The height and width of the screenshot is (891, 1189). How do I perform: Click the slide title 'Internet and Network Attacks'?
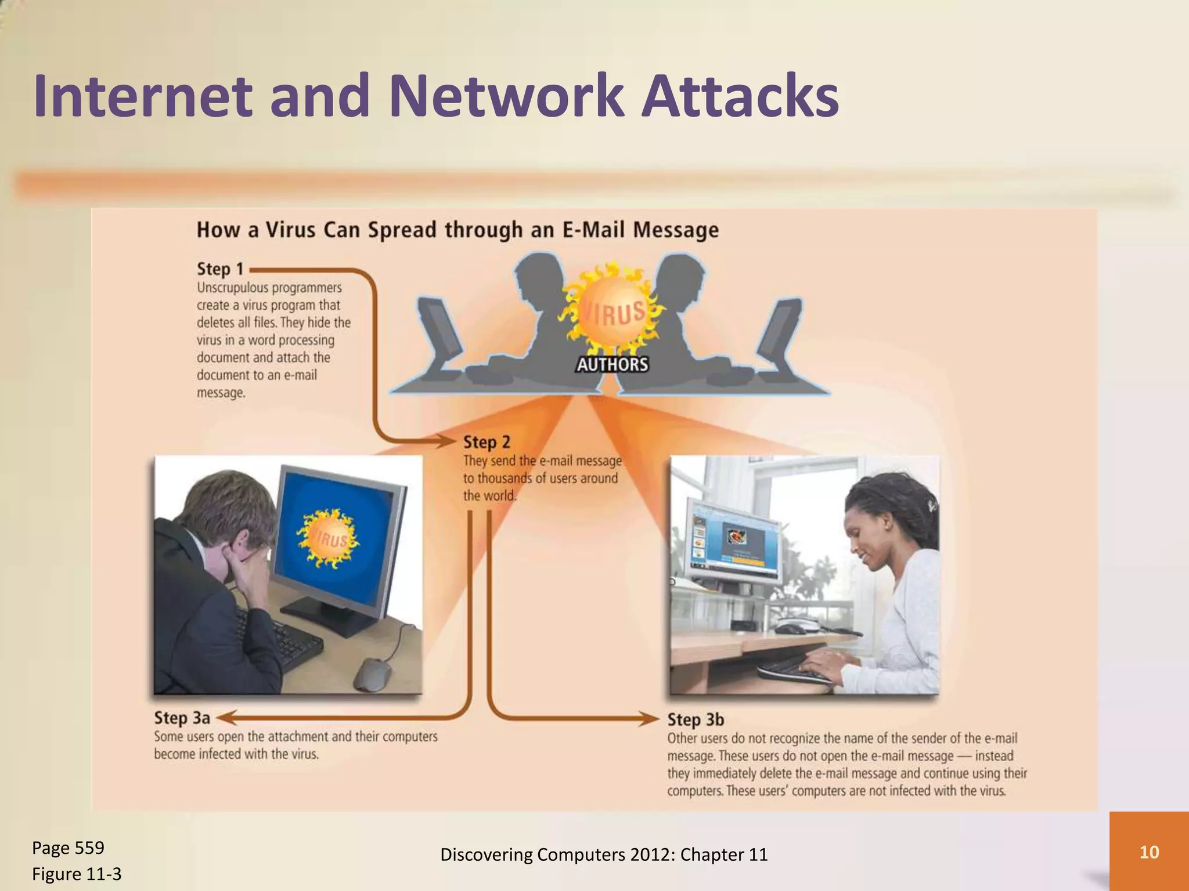click(435, 96)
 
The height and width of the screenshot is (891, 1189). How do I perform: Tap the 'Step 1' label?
click(220, 269)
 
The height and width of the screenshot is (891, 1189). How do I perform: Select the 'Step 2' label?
click(487, 443)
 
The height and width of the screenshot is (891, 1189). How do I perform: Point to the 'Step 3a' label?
click(182, 718)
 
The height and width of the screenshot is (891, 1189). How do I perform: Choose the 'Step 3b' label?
click(696, 720)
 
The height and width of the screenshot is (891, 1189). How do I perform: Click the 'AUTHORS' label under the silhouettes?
click(612, 364)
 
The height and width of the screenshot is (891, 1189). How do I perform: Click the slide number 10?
click(1149, 852)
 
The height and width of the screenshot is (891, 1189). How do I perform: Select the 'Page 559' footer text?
click(68, 848)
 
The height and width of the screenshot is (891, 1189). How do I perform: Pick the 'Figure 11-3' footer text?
click(77, 874)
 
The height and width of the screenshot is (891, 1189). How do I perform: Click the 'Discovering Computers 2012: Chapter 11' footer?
click(604, 854)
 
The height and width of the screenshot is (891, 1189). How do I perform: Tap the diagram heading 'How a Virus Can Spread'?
click(457, 230)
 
